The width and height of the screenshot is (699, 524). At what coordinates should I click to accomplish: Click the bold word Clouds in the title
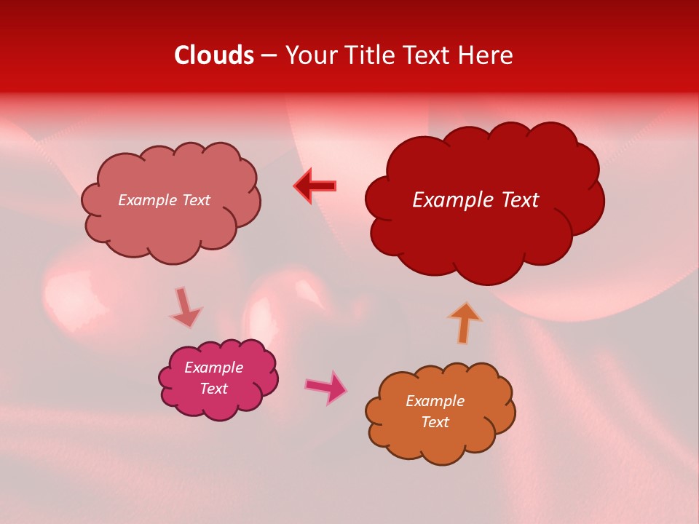214,55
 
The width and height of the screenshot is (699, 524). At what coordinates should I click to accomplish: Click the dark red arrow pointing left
315,186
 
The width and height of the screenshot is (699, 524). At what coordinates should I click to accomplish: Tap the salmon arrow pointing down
185,307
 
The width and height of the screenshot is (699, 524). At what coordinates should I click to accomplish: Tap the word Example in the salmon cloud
148,200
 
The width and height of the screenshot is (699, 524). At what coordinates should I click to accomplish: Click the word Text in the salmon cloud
195,200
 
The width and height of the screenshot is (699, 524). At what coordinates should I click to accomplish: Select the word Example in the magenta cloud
213,368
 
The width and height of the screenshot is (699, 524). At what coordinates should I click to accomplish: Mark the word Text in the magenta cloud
214,389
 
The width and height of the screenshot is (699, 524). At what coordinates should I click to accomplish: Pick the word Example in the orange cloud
435,401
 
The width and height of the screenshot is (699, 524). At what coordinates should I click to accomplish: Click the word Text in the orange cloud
435,422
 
